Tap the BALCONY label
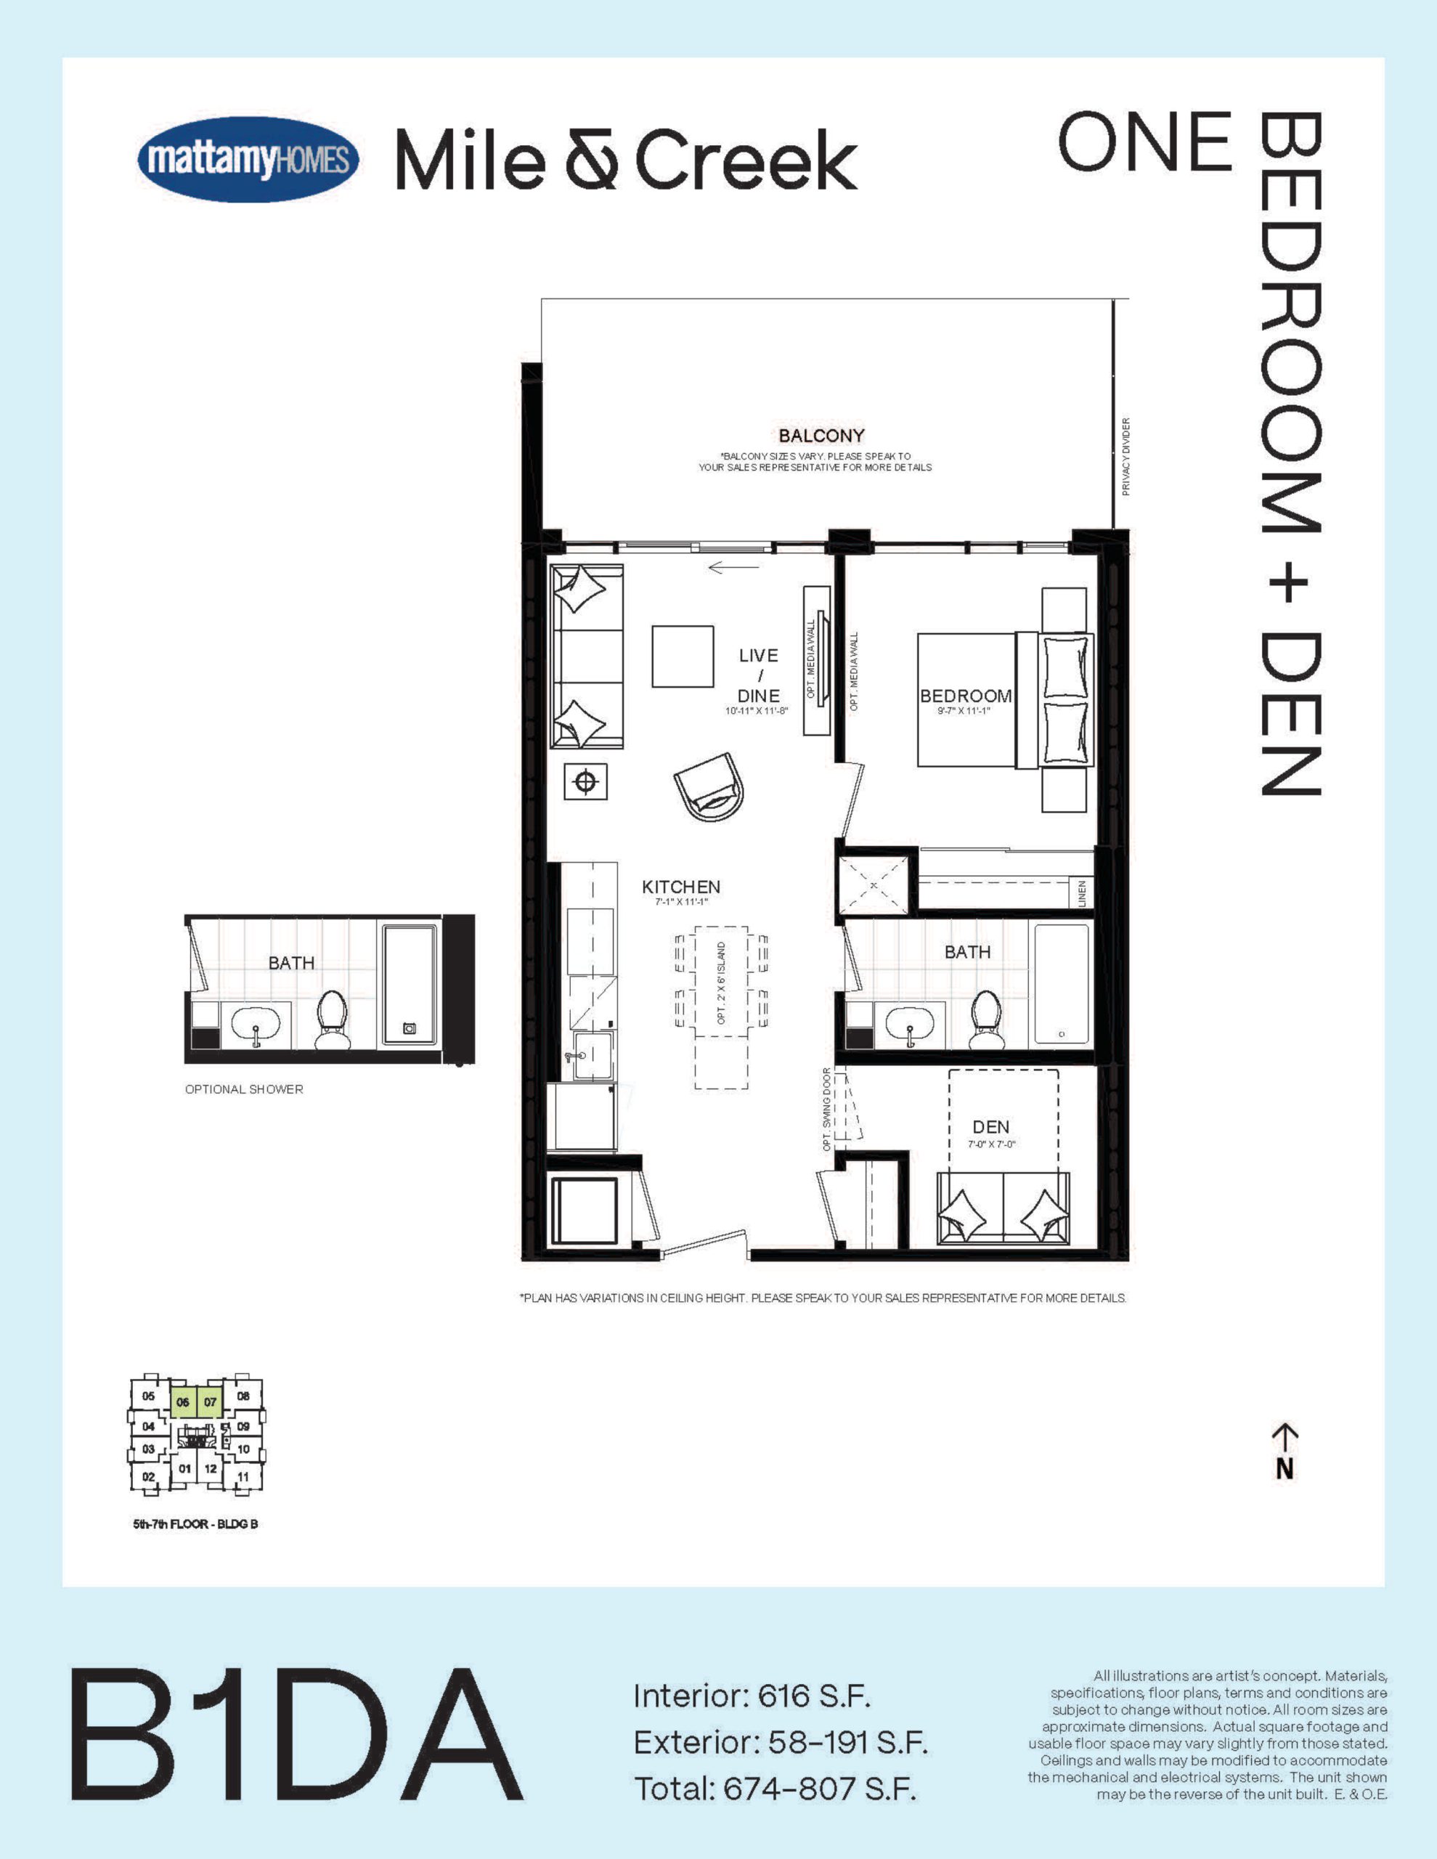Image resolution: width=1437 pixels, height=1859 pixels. pos(821,436)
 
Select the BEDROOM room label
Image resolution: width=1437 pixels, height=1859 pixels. pos(965,696)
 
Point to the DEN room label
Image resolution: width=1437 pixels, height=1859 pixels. pos(991,1127)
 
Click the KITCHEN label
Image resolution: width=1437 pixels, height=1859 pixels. pos(681,887)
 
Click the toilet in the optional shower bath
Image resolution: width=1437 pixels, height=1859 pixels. pos(332,1020)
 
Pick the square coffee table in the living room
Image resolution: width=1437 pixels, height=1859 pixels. pos(683,656)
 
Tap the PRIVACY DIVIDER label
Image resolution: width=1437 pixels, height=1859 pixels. pos(1126,457)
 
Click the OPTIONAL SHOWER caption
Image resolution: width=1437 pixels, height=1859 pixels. pos(244,1089)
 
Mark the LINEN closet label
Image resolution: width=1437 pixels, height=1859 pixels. pos(1083,894)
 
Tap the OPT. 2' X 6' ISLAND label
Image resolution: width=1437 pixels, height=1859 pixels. pos(722,983)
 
